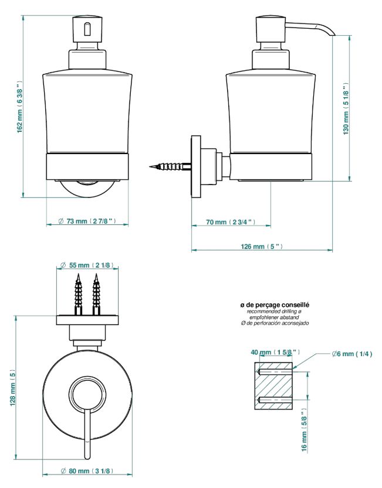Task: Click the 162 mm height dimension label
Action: [19, 107]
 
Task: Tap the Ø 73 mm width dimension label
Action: [87, 221]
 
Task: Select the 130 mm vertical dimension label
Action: [346, 108]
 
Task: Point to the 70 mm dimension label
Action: [231, 222]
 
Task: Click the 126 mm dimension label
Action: [262, 247]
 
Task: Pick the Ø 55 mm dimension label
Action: [87, 265]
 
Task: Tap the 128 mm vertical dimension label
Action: [12, 388]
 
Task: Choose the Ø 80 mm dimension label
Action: [87, 471]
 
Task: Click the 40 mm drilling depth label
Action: [275, 352]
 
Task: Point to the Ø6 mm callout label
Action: [352, 354]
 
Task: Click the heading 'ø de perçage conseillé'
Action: [275, 305]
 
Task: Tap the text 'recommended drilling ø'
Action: [274, 312]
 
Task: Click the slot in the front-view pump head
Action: [87, 29]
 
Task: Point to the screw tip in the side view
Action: [150, 167]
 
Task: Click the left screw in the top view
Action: [78, 294]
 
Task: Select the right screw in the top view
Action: [96, 294]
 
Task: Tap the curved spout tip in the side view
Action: [333, 33]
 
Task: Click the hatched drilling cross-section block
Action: [273, 386]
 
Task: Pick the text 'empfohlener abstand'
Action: [275, 318]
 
